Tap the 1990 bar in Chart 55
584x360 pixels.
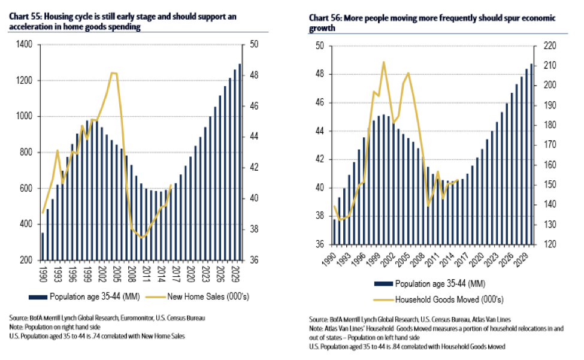(43, 247)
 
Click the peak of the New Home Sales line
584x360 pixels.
(113, 73)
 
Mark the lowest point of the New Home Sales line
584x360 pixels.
(142, 238)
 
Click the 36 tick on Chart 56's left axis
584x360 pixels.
(319, 245)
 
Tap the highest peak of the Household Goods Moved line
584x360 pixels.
(383, 62)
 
